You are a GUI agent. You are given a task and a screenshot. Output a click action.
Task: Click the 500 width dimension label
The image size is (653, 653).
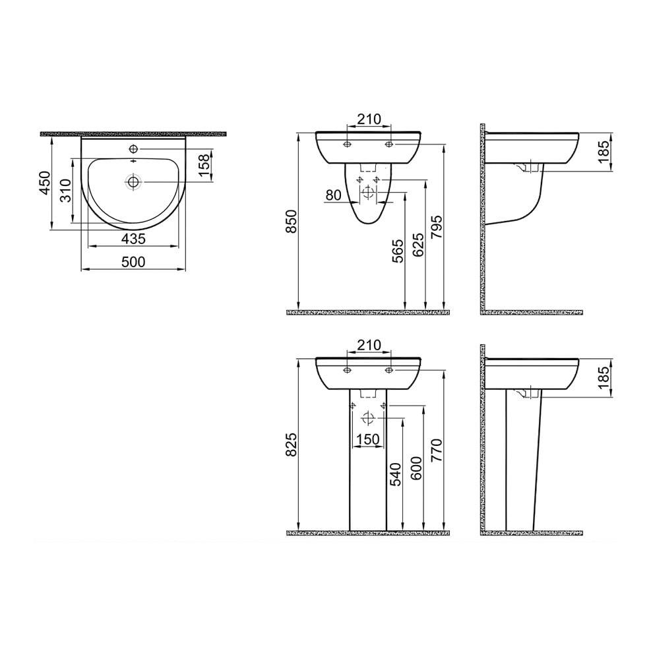[133, 262]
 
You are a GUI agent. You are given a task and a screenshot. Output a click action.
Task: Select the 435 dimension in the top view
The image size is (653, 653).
[133, 238]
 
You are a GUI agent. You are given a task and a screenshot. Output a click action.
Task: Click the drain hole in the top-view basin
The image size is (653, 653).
[134, 181]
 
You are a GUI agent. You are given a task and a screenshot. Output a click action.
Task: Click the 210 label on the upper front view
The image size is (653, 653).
[369, 119]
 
